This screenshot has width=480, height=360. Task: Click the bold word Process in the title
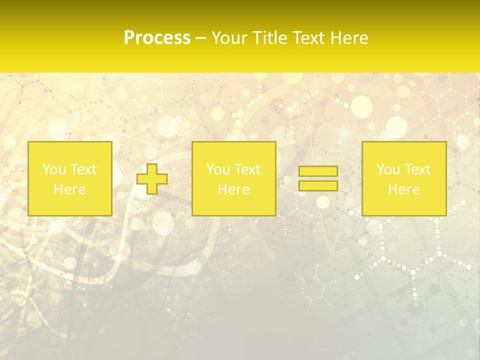point(157,38)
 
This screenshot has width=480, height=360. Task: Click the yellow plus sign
point(152,179)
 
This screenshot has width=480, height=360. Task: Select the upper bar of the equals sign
point(318,171)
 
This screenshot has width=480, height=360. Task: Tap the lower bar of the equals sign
point(318,185)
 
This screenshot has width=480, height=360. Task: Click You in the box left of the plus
point(54,169)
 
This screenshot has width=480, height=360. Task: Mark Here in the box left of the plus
point(69,189)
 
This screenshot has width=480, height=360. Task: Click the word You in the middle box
point(218,169)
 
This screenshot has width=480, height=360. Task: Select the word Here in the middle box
point(233,189)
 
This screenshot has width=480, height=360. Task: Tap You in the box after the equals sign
point(388,169)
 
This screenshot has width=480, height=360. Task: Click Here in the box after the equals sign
point(403,189)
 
